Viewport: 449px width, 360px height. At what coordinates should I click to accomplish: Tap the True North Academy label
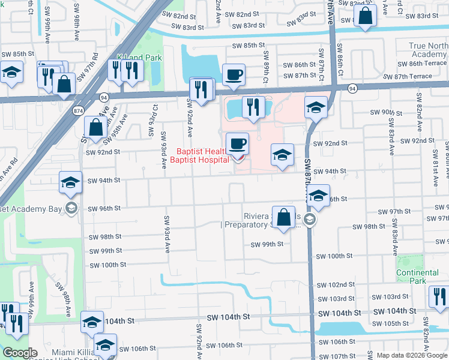[x=429, y=50]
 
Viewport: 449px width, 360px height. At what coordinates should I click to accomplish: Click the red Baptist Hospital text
[x=199, y=156]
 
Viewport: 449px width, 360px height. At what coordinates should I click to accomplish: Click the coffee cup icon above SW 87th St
[x=234, y=75]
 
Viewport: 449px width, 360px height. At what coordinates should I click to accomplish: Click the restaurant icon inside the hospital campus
[x=253, y=107]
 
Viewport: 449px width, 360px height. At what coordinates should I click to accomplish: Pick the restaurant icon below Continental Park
[x=438, y=296]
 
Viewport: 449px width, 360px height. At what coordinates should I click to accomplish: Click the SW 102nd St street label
[x=336, y=285]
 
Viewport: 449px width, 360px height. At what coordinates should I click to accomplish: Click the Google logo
[x=20, y=353]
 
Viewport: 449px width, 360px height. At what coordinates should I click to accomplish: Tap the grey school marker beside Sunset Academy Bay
[x=71, y=208]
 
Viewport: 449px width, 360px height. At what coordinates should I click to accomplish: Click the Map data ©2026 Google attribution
[x=411, y=355]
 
